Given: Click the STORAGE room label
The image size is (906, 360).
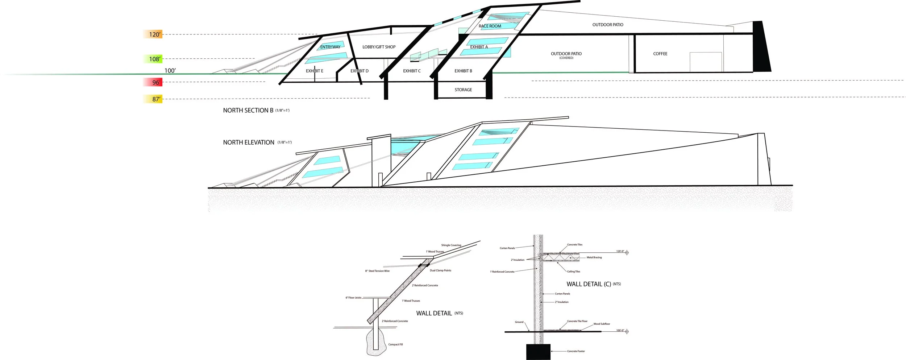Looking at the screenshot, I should tap(463, 90).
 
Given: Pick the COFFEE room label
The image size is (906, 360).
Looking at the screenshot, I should tap(660, 54).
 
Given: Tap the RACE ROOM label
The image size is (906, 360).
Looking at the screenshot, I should tap(490, 26).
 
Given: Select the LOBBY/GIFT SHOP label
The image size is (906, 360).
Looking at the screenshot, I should tap(379, 47).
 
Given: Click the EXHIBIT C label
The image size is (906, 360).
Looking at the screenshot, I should tap(412, 71).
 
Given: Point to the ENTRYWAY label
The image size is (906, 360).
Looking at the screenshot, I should tap(330, 47).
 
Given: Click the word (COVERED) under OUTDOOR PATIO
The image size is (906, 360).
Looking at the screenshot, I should tap(566, 58).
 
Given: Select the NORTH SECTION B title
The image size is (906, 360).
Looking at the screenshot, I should tap(248, 110).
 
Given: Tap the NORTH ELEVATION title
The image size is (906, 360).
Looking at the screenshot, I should tap(249, 142).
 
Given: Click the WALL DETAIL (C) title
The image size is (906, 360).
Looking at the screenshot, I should tap(589, 284).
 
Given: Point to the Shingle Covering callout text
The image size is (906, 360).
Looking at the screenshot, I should tap(451, 245).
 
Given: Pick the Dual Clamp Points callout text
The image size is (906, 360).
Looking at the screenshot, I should tap(440, 270).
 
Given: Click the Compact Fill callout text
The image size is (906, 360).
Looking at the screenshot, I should tap(395, 344).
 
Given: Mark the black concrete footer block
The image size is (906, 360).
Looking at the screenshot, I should tap(538, 352).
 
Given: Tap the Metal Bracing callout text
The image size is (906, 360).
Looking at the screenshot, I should tap(594, 257).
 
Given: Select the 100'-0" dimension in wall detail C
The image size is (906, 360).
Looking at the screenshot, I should tap(620, 330).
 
